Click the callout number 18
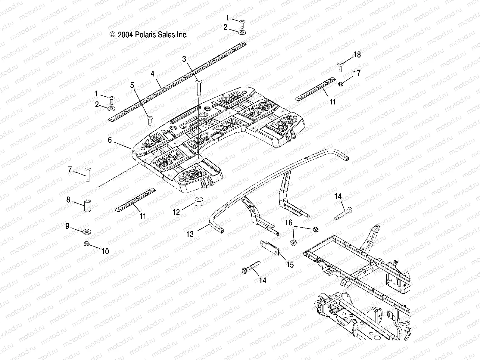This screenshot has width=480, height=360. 357,55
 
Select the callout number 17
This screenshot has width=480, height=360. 357,73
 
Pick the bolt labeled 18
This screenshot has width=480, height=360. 341,66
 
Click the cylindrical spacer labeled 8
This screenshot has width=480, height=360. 87,205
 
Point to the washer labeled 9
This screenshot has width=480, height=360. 87,232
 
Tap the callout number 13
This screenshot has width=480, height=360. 190,234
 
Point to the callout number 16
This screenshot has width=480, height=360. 288,223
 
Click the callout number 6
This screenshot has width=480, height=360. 110,140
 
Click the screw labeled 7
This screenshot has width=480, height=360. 88,175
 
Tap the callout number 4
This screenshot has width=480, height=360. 153,73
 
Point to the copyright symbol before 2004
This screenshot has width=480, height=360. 113,35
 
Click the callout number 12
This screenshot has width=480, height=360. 176,213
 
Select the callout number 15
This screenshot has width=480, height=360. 290,265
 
